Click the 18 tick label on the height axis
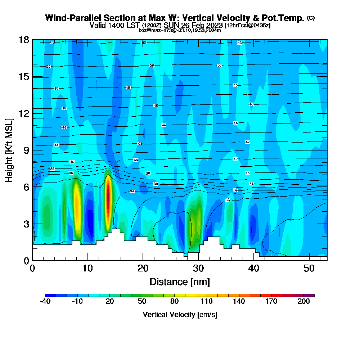coord(24,40)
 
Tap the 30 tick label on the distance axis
coord(198,269)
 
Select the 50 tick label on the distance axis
coord(309,269)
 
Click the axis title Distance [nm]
coord(180,282)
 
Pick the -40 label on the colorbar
coord(45,302)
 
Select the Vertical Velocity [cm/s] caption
coord(180,315)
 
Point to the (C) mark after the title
coord(311,18)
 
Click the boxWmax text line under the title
coord(180,30)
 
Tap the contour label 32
coord(228,200)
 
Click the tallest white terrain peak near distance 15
coord(116,231)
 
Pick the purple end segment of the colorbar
coord(311,295)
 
